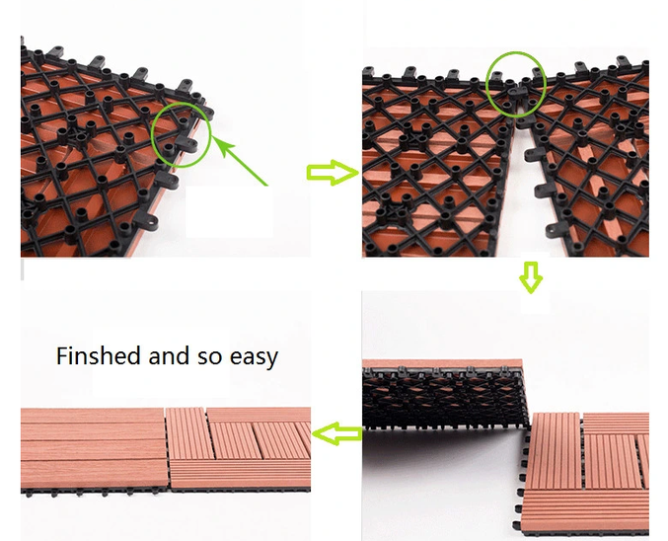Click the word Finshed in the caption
[98, 355]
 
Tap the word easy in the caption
[254, 357]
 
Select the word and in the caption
[169, 355]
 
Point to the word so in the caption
[209, 358]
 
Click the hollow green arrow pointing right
[333, 173]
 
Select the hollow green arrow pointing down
[531, 277]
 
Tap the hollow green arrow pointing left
[336, 434]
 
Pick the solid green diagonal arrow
[240, 161]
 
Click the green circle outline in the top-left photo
[152, 134]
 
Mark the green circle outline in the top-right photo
[487, 85]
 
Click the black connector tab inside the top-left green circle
[186, 144]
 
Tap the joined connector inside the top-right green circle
[516, 92]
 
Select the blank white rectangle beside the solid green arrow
[229, 211]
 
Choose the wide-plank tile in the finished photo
[93, 447]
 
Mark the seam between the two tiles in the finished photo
[168, 447]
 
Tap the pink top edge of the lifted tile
[442, 363]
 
